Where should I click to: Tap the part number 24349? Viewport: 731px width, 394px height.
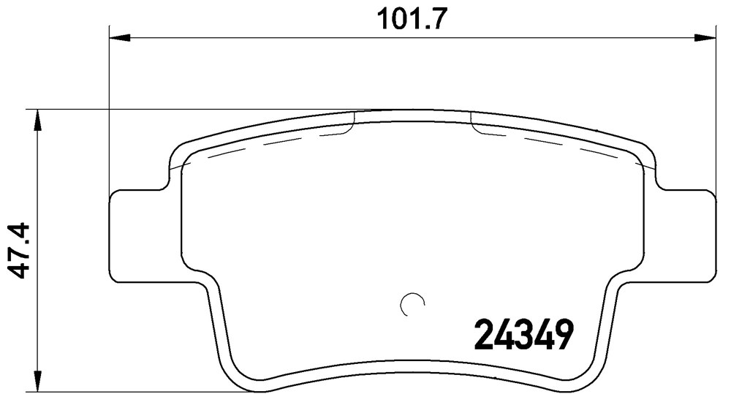(x=523, y=334)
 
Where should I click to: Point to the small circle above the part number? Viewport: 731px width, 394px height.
(x=412, y=305)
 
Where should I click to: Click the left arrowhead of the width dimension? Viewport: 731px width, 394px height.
(x=119, y=38)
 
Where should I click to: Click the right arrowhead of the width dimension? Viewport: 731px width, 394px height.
(x=705, y=38)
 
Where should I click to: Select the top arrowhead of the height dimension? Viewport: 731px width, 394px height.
(x=38, y=121)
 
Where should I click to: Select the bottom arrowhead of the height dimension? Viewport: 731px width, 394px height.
(x=38, y=381)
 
